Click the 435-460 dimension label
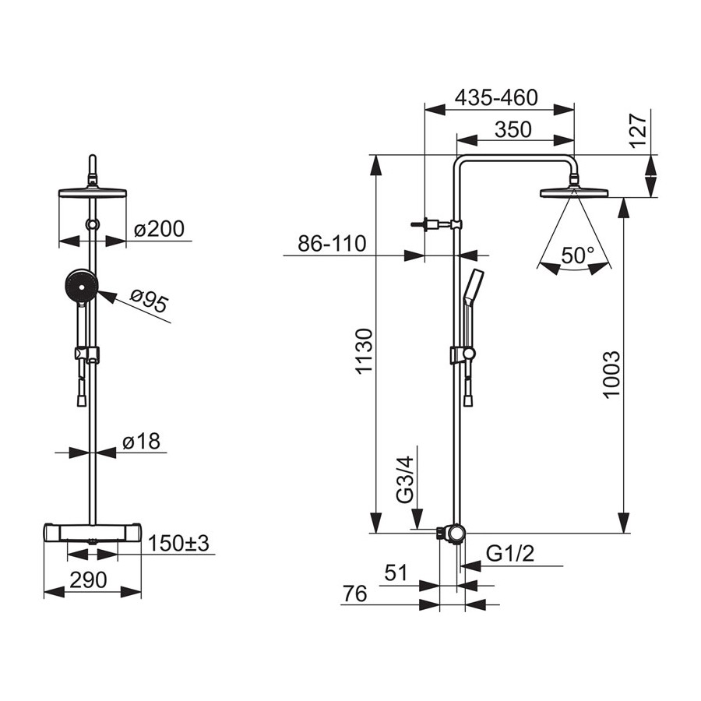tap(496, 97)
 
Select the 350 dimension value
tap(513, 129)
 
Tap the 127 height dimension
tap(638, 131)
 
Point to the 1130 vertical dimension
tap(363, 351)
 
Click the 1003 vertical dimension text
tap(611, 374)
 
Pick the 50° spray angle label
tap(577, 255)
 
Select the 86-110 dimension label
tap(332, 244)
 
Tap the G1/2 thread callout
tap(510, 555)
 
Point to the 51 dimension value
tap(396, 573)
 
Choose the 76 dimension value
tap(355, 594)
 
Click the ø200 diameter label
tap(159, 229)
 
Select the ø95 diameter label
tap(150, 301)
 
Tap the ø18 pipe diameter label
tap(141, 442)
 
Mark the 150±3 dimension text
tap(178, 544)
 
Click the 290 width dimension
tap(89, 580)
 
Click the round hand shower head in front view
tap(81, 285)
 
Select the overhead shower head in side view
tap(575, 192)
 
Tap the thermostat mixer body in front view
tap(93, 533)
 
